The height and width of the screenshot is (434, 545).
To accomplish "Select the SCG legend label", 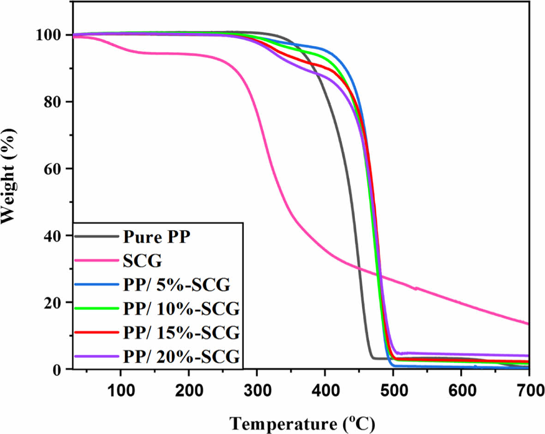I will pyautogui.click(x=143, y=262).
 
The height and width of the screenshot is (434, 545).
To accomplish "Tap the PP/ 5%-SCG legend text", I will pyautogui.click(x=177, y=285).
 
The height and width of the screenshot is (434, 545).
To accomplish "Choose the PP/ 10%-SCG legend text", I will pyautogui.click(x=181, y=309).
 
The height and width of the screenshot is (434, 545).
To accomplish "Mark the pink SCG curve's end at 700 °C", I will pyautogui.click(x=528, y=323).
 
